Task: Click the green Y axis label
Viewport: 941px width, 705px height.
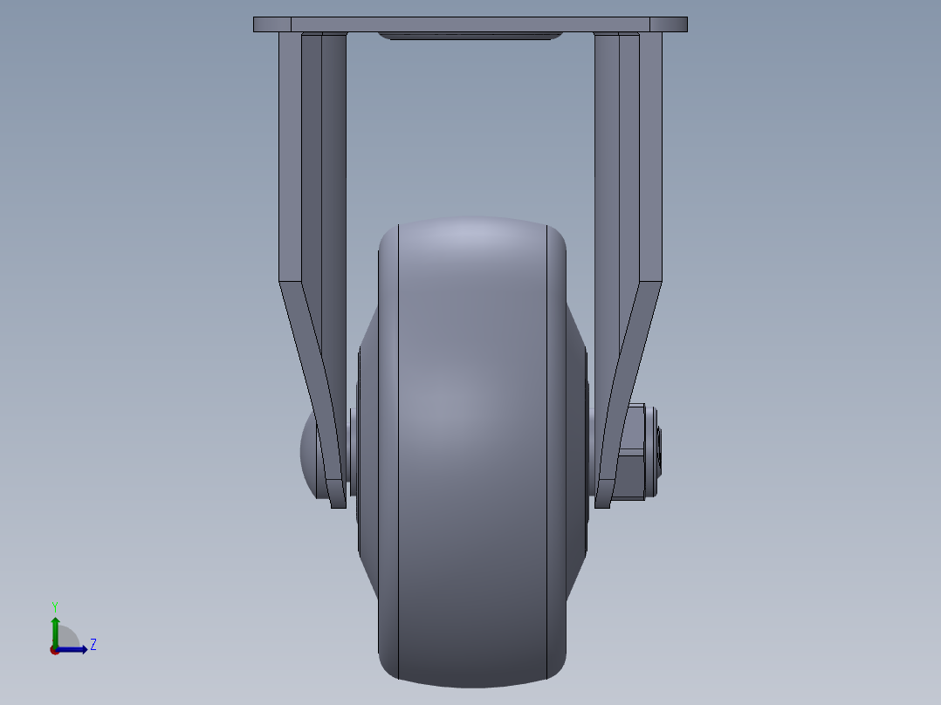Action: point(55,606)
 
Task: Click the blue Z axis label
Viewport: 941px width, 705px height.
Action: point(93,645)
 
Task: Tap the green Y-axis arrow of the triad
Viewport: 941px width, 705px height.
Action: point(55,628)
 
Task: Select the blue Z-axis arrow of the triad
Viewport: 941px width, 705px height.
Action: point(75,649)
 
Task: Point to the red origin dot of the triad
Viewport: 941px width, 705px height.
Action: point(55,650)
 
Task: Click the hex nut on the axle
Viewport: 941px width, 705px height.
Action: point(635,451)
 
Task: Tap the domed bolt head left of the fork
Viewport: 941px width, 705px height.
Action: point(311,452)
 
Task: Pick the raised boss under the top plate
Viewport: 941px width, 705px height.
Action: point(470,37)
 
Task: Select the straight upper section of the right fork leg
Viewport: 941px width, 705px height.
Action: point(629,157)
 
